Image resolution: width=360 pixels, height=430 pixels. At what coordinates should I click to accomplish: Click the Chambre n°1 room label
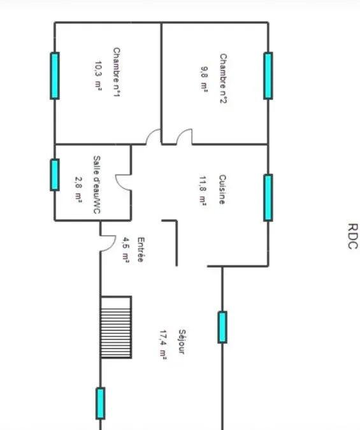pyautogui.click(x=117, y=72)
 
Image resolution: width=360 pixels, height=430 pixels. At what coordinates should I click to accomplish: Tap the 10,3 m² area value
pyautogui.click(x=98, y=75)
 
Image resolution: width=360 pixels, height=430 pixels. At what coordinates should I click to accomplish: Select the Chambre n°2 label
pyautogui.click(x=224, y=78)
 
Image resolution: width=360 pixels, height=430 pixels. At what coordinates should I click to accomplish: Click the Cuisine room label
pyautogui.click(x=222, y=189)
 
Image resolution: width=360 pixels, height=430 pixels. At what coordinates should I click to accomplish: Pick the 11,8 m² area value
pyautogui.click(x=203, y=190)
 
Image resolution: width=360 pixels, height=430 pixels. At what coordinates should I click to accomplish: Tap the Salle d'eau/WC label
pyautogui.click(x=97, y=185)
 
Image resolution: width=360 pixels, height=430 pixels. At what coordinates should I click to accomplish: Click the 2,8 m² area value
pyautogui.click(x=78, y=189)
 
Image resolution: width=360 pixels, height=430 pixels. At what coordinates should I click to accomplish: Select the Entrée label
pyautogui.click(x=141, y=250)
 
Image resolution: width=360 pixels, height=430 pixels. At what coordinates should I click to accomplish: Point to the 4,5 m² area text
pyautogui.click(x=126, y=250)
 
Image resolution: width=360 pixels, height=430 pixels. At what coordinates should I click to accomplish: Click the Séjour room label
pyautogui.click(x=182, y=341)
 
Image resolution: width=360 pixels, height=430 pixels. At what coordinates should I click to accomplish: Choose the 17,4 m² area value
pyautogui.click(x=163, y=344)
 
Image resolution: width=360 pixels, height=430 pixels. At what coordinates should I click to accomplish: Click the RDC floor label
pyautogui.click(x=353, y=236)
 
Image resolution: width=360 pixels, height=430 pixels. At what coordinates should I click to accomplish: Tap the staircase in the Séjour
pyautogui.click(x=116, y=327)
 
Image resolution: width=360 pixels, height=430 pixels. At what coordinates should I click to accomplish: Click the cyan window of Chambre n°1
pyautogui.click(x=55, y=75)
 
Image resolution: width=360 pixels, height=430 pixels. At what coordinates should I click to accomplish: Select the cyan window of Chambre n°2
pyautogui.click(x=268, y=75)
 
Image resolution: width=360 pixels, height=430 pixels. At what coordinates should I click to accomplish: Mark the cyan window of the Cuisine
pyautogui.click(x=268, y=197)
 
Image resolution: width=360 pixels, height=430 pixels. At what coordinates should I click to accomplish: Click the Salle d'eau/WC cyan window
pyautogui.click(x=55, y=175)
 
